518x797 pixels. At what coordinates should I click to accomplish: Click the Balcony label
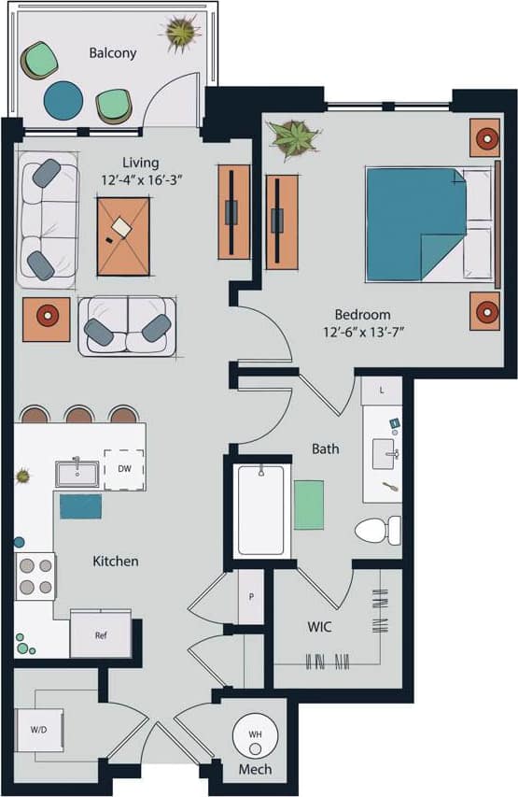click(x=112, y=53)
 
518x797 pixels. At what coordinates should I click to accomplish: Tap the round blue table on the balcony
click(x=63, y=98)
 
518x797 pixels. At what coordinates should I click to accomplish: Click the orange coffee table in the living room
click(x=123, y=235)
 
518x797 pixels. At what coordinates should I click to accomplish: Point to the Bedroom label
click(x=363, y=314)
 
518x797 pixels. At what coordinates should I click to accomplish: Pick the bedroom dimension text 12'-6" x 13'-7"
click(x=362, y=332)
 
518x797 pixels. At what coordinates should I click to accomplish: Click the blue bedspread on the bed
click(x=413, y=222)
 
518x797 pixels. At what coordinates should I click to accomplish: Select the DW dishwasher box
click(x=124, y=469)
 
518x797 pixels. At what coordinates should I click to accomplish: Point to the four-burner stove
click(x=35, y=576)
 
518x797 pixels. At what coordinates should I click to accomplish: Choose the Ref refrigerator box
click(x=101, y=634)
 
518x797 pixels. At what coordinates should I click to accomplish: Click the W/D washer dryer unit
click(x=40, y=728)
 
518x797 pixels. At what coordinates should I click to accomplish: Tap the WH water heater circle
click(x=254, y=735)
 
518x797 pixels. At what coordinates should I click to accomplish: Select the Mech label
click(x=254, y=770)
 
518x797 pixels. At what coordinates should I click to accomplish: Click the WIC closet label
click(x=320, y=626)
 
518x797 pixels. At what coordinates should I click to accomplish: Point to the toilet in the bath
click(x=378, y=530)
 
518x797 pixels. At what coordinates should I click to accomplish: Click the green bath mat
click(x=309, y=504)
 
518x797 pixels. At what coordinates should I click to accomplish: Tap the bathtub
click(x=260, y=510)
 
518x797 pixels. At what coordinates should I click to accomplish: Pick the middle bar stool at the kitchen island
click(x=80, y=415)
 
